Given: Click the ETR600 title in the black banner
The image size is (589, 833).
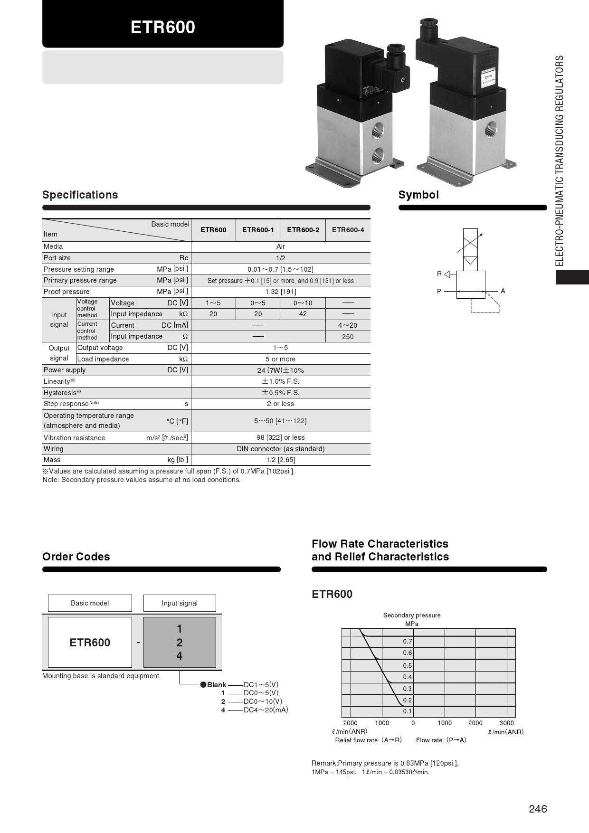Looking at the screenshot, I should coord(163,27).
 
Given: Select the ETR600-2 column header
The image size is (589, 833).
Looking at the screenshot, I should coord(303,230).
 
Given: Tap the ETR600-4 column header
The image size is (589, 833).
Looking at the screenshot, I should coord(348,230).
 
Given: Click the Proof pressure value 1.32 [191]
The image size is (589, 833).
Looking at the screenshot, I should coord(280,292).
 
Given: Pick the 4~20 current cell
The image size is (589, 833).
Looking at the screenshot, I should coord(348,325).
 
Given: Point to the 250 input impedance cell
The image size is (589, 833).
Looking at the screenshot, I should coord(348,337).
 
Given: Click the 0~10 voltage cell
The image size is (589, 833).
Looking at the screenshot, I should coord(303,303).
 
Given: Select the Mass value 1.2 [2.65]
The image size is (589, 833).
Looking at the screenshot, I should coord(280,460).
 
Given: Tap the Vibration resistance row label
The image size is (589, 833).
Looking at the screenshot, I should coord(74,438).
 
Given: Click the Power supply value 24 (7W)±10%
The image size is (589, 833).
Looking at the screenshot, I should coord(280,370).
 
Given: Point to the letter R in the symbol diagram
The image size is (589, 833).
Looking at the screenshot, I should coord(439,274).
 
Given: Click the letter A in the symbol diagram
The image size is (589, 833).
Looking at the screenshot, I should coord(503,291).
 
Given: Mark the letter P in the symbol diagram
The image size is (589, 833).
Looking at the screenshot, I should coord(439,291).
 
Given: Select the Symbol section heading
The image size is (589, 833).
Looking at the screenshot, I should coord(418,195).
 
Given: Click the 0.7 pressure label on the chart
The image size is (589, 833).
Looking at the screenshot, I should coord(408,641).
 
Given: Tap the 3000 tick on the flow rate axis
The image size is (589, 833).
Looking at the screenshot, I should coord(506,723).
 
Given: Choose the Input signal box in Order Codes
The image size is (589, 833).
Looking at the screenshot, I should coord(180,603).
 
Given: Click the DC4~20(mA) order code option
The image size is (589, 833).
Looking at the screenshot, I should coord(266,710).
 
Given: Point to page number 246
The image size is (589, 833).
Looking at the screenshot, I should coord(538,809).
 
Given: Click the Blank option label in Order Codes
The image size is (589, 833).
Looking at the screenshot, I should coord(216,685).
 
